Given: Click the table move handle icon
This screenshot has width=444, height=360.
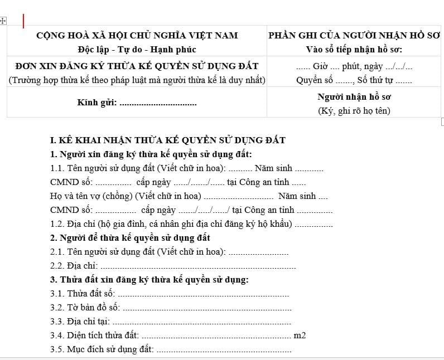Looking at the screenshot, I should (3, 21).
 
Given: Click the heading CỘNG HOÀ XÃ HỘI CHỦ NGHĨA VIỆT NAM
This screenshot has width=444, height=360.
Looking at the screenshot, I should (137, 36).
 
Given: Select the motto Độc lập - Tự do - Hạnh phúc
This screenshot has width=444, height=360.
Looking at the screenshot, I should (137, 50).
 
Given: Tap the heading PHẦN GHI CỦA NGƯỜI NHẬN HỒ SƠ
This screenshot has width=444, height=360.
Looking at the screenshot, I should (355, 36).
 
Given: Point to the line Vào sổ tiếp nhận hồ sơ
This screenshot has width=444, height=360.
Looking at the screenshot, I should (355, 50).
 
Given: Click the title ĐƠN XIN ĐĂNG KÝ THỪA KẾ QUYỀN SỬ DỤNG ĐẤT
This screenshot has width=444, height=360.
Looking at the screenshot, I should (137, 66).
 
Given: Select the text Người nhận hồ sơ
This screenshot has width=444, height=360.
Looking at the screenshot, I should (354, 96).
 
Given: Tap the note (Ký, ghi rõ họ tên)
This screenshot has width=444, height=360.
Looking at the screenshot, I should (354, 110).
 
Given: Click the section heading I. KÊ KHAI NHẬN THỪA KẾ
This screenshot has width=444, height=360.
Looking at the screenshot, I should (167, 140).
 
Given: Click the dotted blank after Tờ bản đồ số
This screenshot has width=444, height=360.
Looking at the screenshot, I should (206, 308).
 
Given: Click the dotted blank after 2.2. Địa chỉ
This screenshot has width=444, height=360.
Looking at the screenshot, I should (199, 266).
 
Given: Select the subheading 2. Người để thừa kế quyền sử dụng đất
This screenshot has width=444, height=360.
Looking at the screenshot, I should (130, 238).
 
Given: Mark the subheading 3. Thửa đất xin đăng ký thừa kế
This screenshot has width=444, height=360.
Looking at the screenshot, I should (149, 280).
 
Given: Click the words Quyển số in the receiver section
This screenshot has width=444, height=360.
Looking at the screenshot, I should (310, 80).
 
